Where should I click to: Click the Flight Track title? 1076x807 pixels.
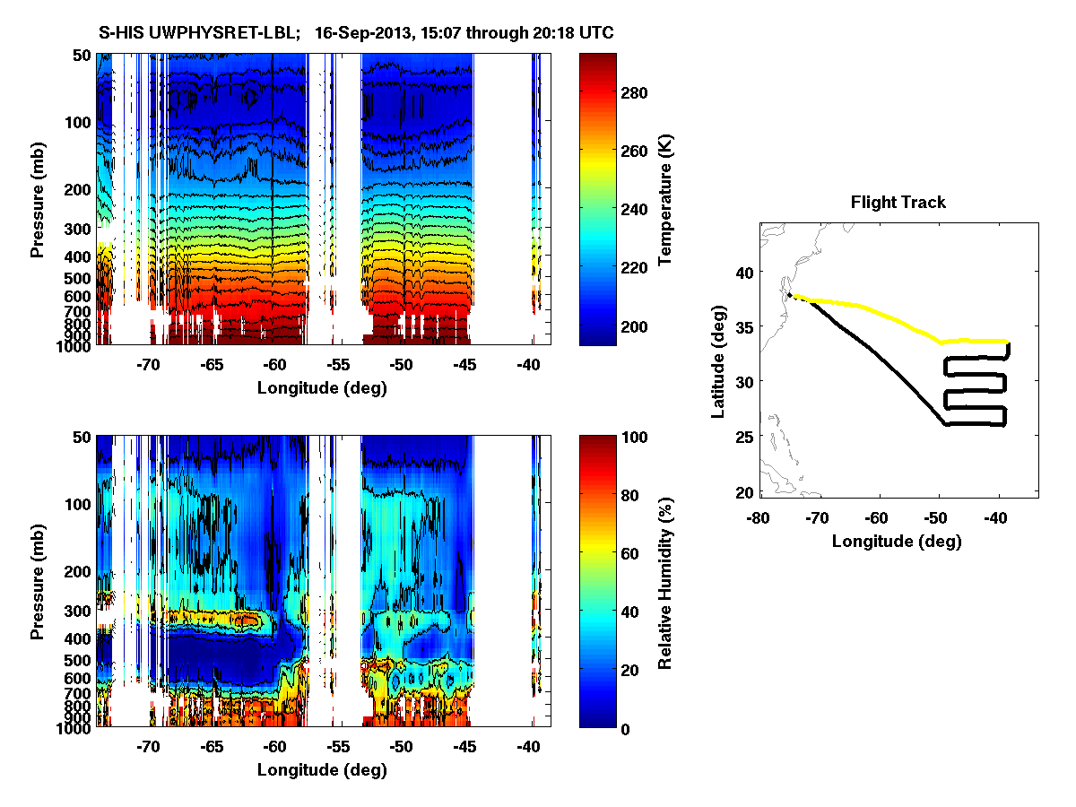pos(898,203)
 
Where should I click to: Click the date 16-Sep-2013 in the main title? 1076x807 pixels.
pos(369,32)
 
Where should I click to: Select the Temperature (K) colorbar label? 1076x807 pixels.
pos(665,200)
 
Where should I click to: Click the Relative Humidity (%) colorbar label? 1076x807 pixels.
pos(665,581)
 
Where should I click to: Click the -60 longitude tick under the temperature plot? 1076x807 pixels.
pos(274,365)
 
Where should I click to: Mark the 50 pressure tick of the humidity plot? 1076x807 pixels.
pos(82,437)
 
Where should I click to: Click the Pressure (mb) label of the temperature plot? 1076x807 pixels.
pos(38,200)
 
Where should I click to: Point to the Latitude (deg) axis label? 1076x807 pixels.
pos(717,360)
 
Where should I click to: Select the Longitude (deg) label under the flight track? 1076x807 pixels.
pos(897,542)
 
